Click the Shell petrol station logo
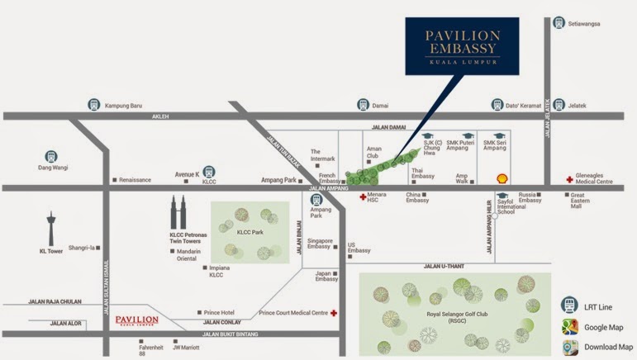(x=501, y=178)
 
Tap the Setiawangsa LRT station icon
(x=559, y=23)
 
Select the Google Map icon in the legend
(x=570, y=327)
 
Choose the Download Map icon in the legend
(x=570, y=348)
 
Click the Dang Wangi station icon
(x=51, y=155)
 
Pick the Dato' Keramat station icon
(x=497, y=105)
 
